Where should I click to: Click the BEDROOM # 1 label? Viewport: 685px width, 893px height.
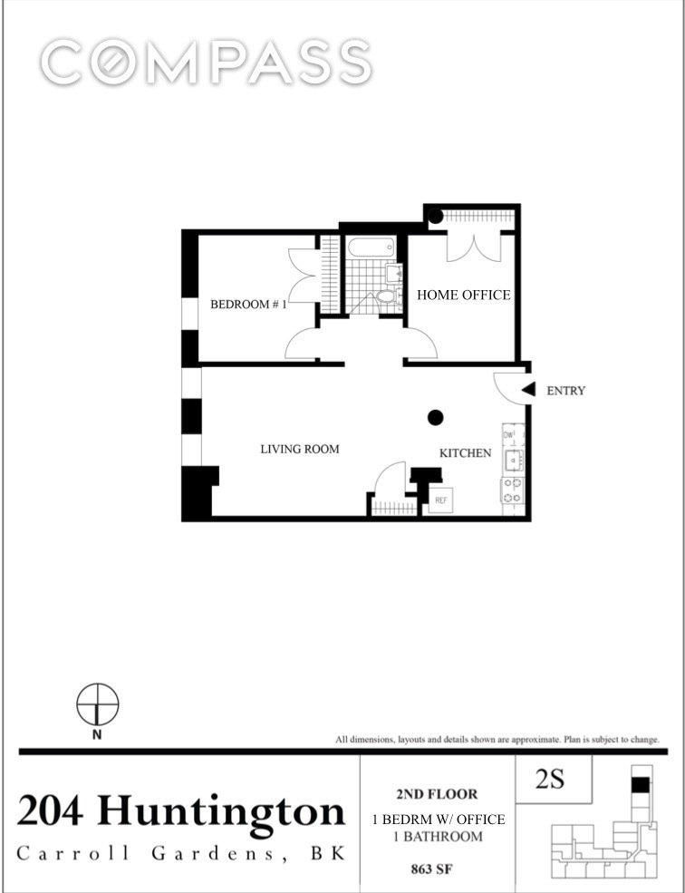coord(248,305)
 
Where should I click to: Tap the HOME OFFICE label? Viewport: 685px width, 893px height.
coord(463,295)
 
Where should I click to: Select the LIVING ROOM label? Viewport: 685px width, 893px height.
coord(300,449)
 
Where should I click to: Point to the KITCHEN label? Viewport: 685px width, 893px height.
coord(466,452)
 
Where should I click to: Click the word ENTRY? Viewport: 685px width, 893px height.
coord(566,391)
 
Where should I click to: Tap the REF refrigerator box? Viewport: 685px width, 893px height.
coord(442,500)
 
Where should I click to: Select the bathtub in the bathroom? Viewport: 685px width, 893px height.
coord(371,248)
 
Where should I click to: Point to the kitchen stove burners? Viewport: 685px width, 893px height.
coord(512,490)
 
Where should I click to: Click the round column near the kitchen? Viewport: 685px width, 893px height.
coord(435,417)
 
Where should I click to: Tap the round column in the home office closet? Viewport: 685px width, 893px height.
coord(435,217)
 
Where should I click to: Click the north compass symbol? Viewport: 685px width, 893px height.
coord(97,705)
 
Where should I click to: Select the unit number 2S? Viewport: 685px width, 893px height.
coord(551,780)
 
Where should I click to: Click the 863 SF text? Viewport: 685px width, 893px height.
coord(438,868)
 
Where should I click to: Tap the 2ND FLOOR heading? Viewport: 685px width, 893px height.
coord(438,794)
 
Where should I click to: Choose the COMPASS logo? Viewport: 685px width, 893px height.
coord(207,63)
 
